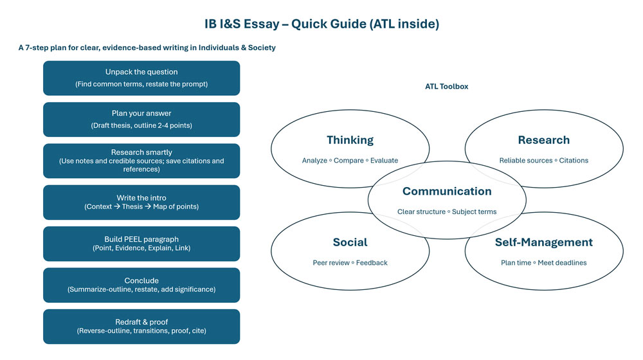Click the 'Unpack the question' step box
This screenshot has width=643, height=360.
coord(141,78)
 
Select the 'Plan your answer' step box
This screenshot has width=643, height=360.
coord(141,119)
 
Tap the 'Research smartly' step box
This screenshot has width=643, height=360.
coord(141,161)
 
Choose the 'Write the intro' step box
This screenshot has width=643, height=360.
coord(141,202)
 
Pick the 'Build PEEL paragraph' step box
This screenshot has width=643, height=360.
coord(141,244)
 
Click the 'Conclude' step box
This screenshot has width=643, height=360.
coord(141,285)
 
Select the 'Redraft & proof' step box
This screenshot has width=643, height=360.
coord(141,327)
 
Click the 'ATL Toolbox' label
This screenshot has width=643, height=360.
coord(446,86)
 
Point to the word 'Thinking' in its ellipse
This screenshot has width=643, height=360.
coord(350,140)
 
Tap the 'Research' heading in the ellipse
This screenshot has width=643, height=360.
coord(543,140)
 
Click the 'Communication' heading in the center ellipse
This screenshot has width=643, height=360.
coord(447,191)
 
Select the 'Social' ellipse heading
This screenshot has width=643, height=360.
coord(350,242)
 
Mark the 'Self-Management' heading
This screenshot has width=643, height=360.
coord(543,242)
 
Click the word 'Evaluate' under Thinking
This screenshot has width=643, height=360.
coord(383,160)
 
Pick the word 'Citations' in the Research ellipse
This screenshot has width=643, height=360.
coord(574,160)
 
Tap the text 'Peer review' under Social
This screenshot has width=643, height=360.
coord(331,262)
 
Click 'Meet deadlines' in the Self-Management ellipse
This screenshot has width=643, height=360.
coord(562,262)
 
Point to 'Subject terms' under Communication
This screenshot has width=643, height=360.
coord(474,212)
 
